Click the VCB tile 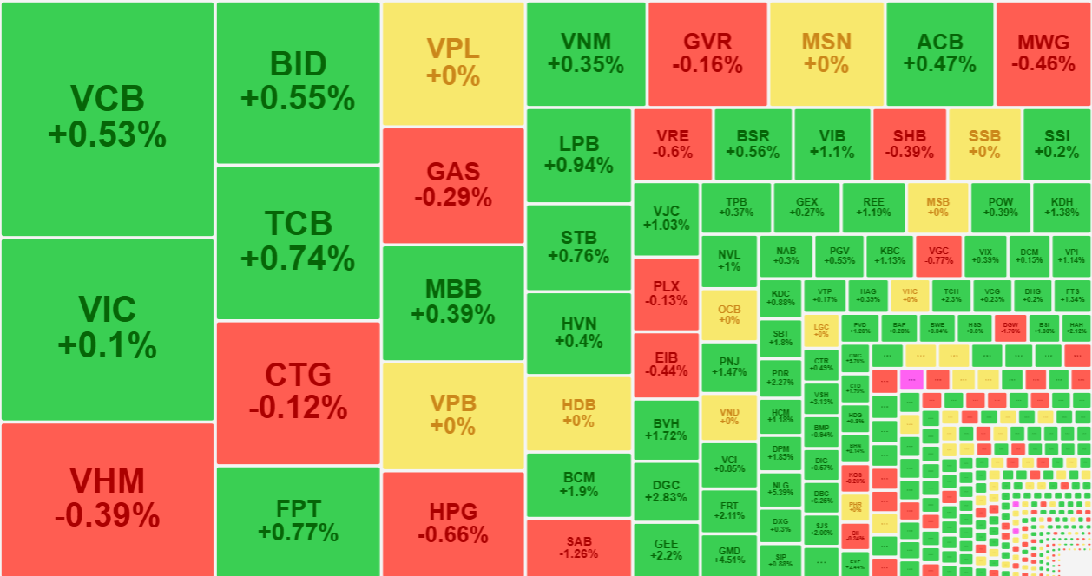[x=107, y=118]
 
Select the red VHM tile [x=107, y=499]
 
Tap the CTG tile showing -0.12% [x=298, y=392]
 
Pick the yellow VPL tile [x=453, y=62]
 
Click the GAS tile [x=453, y=185]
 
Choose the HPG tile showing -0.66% [x=453, y=522]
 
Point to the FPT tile [x=298, y=520]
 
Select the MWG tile [x=1043, y=53]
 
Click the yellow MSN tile [x=826, y=53]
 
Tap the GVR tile [x=707, y=53]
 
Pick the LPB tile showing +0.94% [x=579, y=154]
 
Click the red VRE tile [x=673, y=144]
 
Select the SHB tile [x=909, y=144]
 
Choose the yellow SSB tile [x=984, y=144]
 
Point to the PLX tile [x=666, y=293]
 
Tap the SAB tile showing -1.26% [x=579, y=547]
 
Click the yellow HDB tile [x=579, y=413]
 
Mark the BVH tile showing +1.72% [x=666, y=429]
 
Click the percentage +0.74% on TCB [x=298, y=259]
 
